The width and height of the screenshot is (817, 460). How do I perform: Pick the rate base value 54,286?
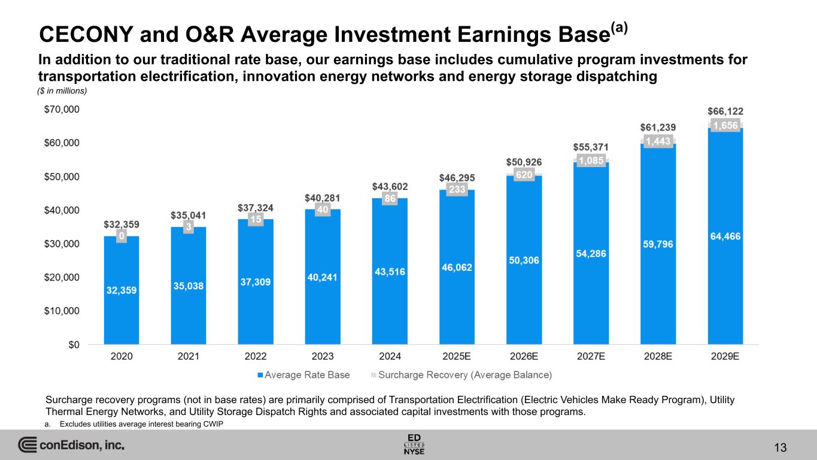[x=591, y=253]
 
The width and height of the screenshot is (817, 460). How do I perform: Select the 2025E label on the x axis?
[x=457, y=356]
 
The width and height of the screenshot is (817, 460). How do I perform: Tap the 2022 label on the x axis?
[x=256, y=356]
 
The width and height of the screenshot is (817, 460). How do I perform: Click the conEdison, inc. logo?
[x=72, y=446]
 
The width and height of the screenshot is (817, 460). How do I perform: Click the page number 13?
[x=779, y=447]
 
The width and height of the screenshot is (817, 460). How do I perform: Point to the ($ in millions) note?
[x=63, y=91]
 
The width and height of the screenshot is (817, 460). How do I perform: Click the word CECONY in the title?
[x=83, y=35]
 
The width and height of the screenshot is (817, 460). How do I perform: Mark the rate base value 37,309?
[x=256, y=282]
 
